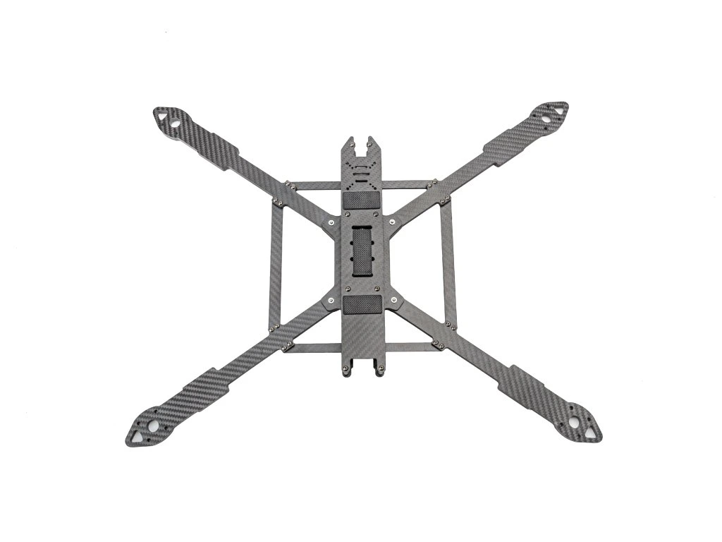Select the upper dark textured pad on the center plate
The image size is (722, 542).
point(362,200)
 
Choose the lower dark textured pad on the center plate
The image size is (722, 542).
point(362,304)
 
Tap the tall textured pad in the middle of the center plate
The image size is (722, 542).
point(362,252)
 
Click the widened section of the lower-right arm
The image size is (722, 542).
point(525,384)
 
